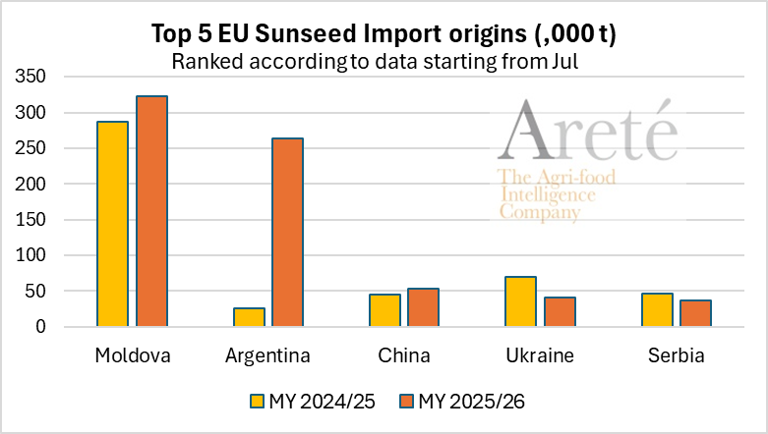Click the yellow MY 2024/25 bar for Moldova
pyautogui.click(x=112, y=224)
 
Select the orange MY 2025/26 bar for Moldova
pyautogui.click(x=151, y=211)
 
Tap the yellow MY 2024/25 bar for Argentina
pyautogui.click(x=249, y=317)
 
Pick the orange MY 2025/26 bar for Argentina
pyautogui.click(x=287, y=233)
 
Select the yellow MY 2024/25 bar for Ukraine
pyautogui.click(x=520, y=301)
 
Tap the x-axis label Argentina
pyautogui.click(x=267, y=355)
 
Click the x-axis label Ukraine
pyautogui.click(x=540, y=355)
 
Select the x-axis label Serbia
pyautogui.click(x=676, y=355)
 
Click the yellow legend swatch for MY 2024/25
pyautogui.click(x=258, y=402)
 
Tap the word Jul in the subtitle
pyautogui.click(x=580, y=61)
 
